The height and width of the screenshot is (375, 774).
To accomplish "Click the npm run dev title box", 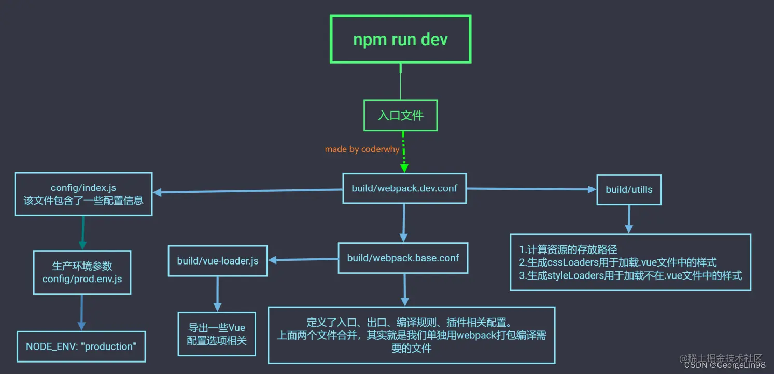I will point(400,39).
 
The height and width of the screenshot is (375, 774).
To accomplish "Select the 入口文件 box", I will point(400,115).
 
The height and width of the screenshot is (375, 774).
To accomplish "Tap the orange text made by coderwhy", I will point(361,149).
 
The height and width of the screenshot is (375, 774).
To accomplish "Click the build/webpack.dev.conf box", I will point(404,188).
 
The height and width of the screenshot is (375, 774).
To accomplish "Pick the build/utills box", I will point(629,189).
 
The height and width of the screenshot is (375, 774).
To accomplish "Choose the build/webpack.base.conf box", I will point(403,258).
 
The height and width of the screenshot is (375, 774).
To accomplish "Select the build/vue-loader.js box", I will point(218,261).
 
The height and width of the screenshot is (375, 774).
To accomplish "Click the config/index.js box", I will point(83,194).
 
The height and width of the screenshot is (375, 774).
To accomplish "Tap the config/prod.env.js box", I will point(82,272).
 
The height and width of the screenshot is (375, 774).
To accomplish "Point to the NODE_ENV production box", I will point(81,346).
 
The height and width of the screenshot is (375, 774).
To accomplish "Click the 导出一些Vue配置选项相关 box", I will point(217,334).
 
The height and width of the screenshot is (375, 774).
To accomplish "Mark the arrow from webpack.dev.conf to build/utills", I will point(531,189).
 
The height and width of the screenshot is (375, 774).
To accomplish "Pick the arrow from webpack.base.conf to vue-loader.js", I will point(303,260).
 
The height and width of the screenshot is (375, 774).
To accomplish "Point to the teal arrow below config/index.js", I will point(82,233).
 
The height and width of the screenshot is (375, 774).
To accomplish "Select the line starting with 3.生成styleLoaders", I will point(630,275).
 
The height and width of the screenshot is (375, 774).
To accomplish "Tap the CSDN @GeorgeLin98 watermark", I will point(724,365).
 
